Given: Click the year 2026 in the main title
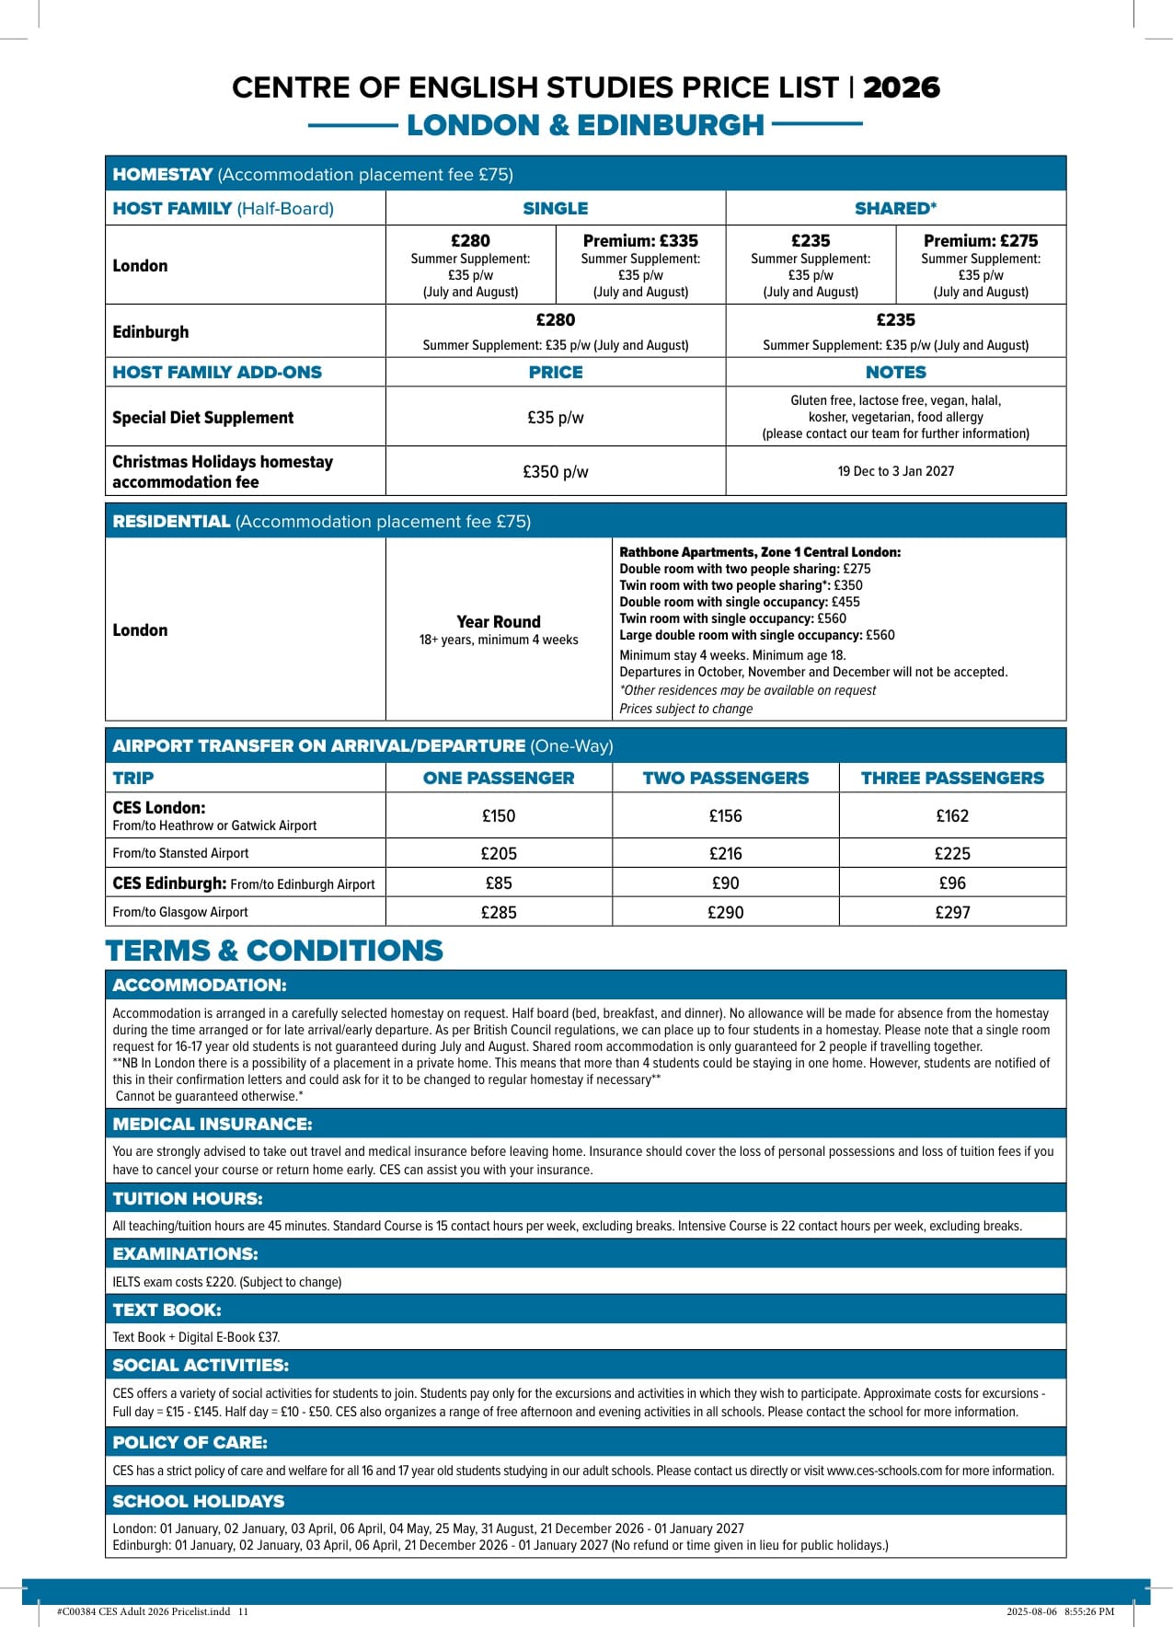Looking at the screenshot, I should pyautogui.click(x=901, y=87).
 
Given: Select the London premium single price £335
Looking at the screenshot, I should pyautogui.click(x=640, y=241).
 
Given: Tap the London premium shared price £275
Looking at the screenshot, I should pyautogui.click(x=981, y=241).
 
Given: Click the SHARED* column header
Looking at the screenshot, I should pyautogui.click(x=895, y=209).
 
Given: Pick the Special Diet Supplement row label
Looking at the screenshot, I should pyautogui.click(x=203, y=418).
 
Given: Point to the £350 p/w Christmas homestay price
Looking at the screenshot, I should pyautogui.click(x=555, y=472).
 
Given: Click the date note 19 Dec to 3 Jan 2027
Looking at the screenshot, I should pyautogui.click(x=895, y=471).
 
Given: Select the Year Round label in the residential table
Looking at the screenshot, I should pyautogui.click(x=499, y=622).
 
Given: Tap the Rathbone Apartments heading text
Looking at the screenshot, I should pyautogui.click(x=760, y=552).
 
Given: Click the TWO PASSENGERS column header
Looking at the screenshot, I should pyautogui.click(x=725, y=779).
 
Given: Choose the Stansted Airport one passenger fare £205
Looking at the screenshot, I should pyautogui.click(x=499, y=854).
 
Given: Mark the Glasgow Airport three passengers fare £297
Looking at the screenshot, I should pyautogui.click(x=952, y=913).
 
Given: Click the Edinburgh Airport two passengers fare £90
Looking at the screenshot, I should pyautogui.click(x=725, y=883).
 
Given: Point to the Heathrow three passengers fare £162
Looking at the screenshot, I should pyautogui.click(x=952, y=816).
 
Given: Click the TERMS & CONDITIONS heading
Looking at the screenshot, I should pyautogui.click(x=274, y=951).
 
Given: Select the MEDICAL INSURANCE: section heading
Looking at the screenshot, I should pyautogui.click(x=213, y=1125).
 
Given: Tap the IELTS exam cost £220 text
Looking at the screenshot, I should pyautogui.click(x=225, y=1282).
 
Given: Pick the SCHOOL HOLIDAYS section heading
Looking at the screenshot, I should pyautogui.click(x=199, y=1501).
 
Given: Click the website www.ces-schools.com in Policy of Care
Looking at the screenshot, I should pyautogui.click(x=884, y=1471).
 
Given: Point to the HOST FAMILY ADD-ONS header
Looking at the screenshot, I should pyautogui.click(x=217, y=373).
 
